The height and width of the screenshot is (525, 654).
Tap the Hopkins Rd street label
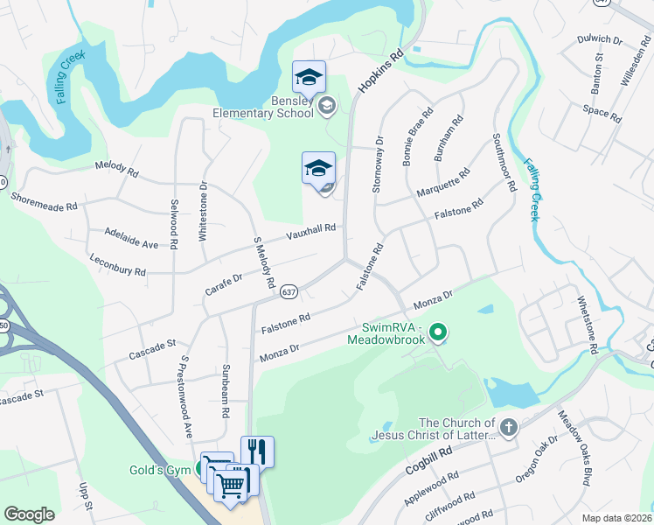(x=380, y=73)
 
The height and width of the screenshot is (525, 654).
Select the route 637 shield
(x=290, y=291)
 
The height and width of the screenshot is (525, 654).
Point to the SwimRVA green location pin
(x=440, y=332)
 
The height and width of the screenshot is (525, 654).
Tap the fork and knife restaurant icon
(x=257, y=451)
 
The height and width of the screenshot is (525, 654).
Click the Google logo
(x=30, y=514)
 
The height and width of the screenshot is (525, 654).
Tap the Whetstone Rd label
(x=587, y=324)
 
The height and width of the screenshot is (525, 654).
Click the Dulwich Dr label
(x=600, y=40)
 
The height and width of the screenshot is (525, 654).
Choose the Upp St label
(x=84, y=493)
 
